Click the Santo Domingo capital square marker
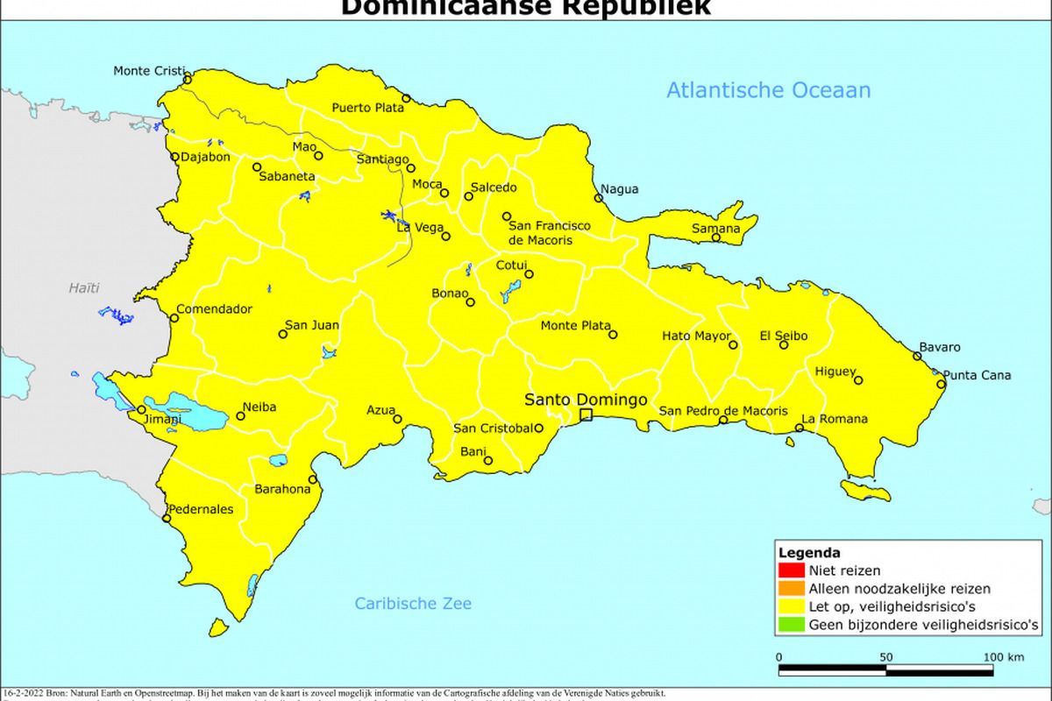pyautogui.click(x=586, y=415)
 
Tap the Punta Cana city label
pyautogui.click(x=977, y=376)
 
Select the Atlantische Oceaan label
pyautogui.click(x=768, y=90)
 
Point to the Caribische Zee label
pyautogui.click(x=413, y=603)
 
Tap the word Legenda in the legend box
pyautogui.click(x=808, y=553)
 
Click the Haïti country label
pyautogui.click(x=84, y=287)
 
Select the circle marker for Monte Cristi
pyautogui.click(x=187, y=80)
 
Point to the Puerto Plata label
pyautogui.click(x=367, y=108)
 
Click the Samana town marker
pyautogui.click(x=716, y=237)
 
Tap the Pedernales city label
pyautogui.click(x=201, y=508)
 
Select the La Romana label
pyautogui.click(x=835, y=419)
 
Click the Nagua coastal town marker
pyautogui.click(x=599, y=198)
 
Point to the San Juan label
pyautogui.click(x=313, y=325)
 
